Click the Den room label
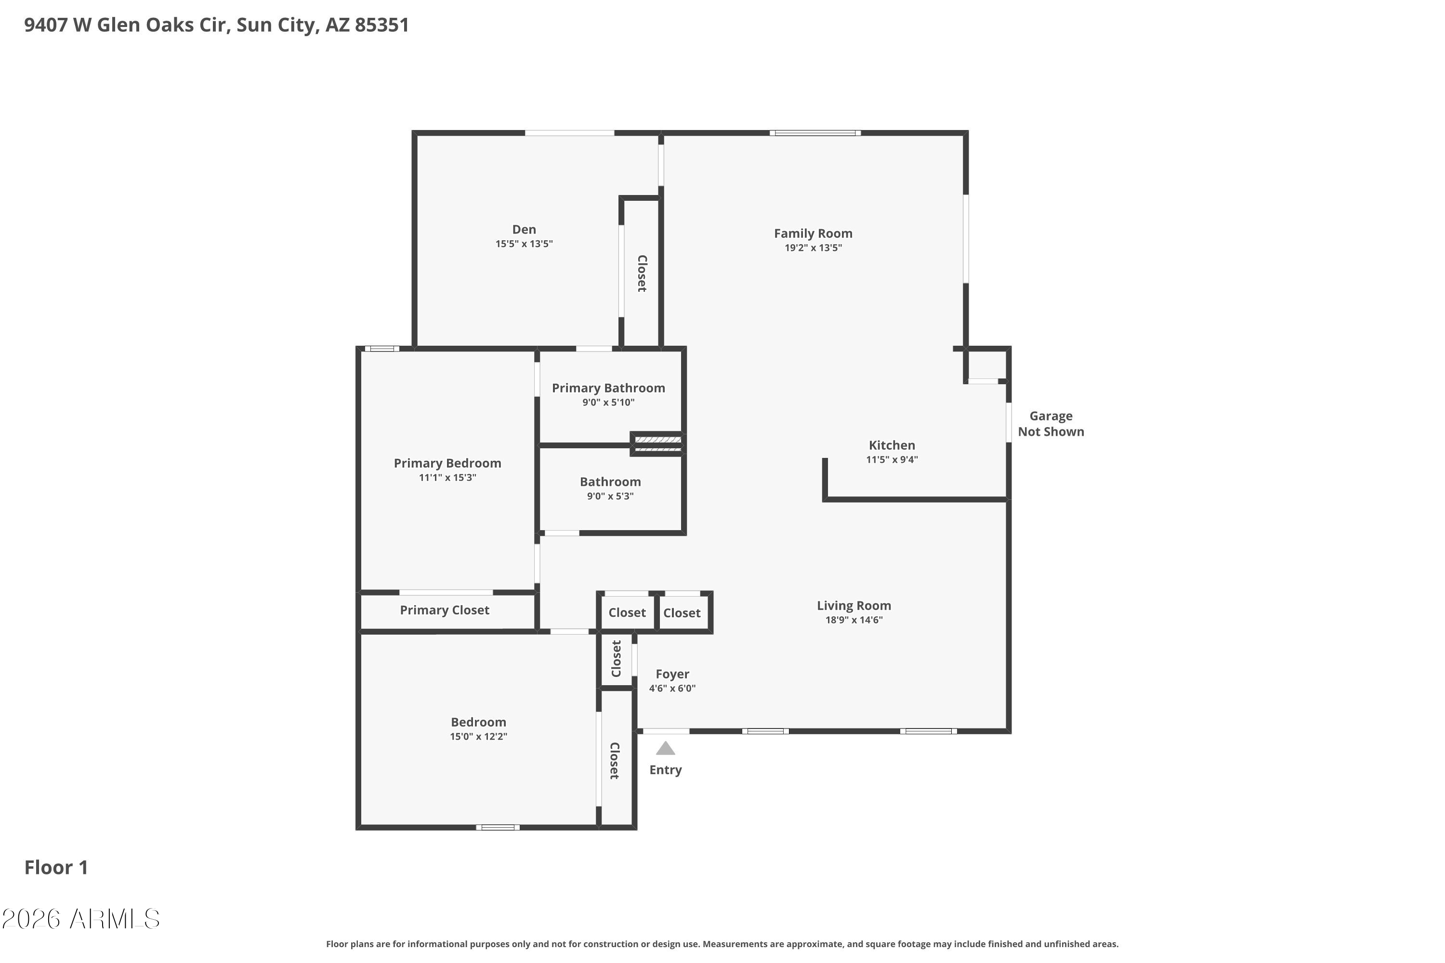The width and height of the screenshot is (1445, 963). pos(524,230)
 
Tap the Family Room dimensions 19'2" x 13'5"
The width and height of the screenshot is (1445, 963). pos(813,248)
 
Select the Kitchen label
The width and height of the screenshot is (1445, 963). pos(892,445)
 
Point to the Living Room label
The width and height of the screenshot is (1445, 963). pos(854,606)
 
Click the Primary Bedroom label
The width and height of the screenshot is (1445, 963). pos(447,463)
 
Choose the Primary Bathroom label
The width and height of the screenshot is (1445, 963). pos(608,388)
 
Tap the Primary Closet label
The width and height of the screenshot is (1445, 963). pos(444,610)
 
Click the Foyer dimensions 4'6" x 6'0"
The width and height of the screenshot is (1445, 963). pos(672,689)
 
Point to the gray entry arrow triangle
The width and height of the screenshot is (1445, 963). pos(665,748)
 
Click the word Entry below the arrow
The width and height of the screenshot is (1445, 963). pos(665,770)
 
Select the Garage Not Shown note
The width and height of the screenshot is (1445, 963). pos(1051,424)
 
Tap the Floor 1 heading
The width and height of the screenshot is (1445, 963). pos(56,867)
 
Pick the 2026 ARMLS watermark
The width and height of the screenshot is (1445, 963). pos(80,919)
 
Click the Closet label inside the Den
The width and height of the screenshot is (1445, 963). pos(642,273)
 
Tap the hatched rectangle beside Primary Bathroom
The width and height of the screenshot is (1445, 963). pos(657,444)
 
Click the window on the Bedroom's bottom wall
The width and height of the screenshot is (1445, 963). pos(498,827)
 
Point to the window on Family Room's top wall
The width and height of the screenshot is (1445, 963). pos(815,133)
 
